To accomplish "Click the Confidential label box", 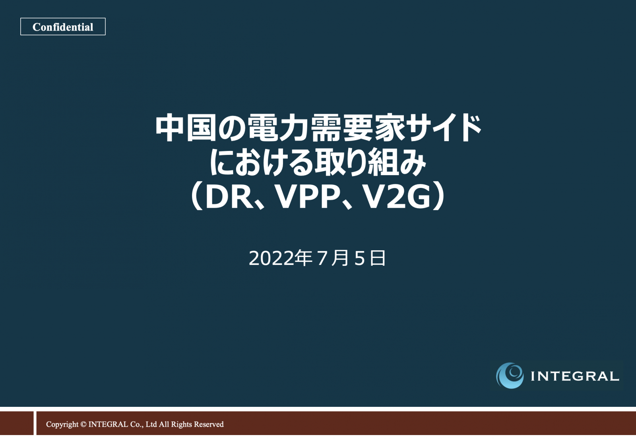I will tap(63, 27).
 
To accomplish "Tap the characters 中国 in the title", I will tap(186, 128).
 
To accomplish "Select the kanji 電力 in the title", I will tap(278, 128).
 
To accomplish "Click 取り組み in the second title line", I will tap(370, 162).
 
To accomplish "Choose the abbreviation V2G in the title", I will tap(397, 197).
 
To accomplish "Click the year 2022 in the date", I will tap(271, 259).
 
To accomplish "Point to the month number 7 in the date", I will tap(322, 259).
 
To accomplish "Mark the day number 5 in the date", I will tap(359, 259).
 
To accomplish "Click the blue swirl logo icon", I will tap(510, 375).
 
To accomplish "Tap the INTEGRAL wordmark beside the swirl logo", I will tap(575, 376).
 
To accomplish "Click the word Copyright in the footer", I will tap(62, 425).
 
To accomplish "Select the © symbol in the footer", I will tap(83, 424).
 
